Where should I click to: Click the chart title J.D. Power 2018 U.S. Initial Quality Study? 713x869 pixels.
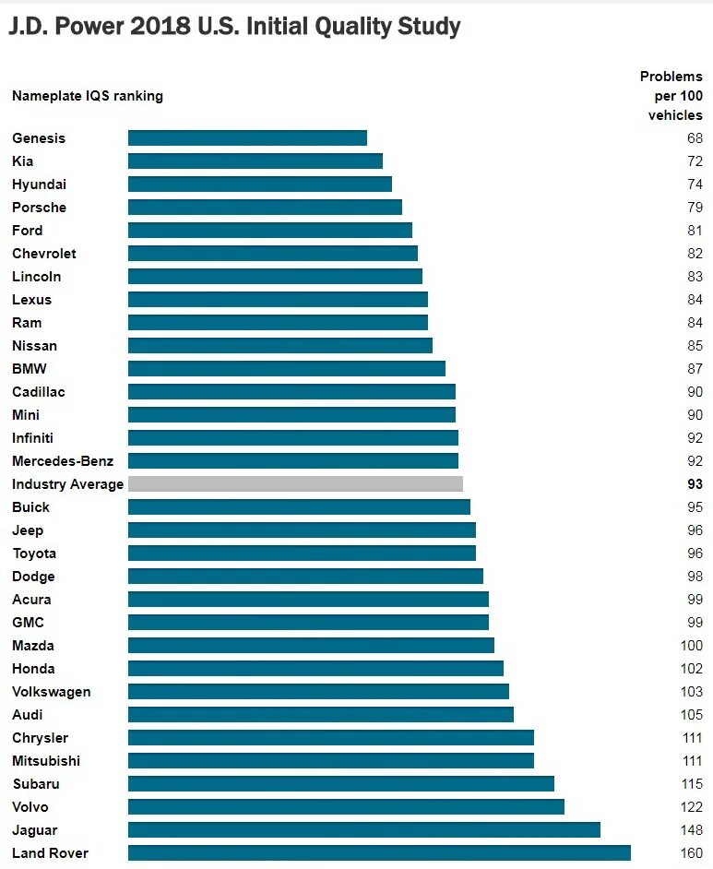[234, 28]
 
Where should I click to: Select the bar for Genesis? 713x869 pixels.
[247, 138]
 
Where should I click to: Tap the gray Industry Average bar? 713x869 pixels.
[295, 484]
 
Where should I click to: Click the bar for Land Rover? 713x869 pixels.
[379, 853]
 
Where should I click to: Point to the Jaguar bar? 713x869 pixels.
[363, 830]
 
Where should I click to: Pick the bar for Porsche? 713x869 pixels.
[265, 208]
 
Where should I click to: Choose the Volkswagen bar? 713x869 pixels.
[318, 692]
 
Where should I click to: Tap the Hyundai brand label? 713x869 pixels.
[39, 185]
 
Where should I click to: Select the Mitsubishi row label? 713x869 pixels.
[46, 761]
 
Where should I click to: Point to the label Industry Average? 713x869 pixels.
[67, 484]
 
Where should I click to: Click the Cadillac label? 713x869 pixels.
[39, 392]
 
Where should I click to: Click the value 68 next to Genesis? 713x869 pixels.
[695, 138]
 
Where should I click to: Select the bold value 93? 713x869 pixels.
[695, 484]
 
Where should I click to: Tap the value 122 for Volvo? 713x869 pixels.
[691, 807]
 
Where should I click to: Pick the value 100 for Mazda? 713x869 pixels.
[691, 646]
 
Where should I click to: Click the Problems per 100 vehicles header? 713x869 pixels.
[671, 96]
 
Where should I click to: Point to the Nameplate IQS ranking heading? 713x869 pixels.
[88, 96]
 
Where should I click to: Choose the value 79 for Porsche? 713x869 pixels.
[695, 208]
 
